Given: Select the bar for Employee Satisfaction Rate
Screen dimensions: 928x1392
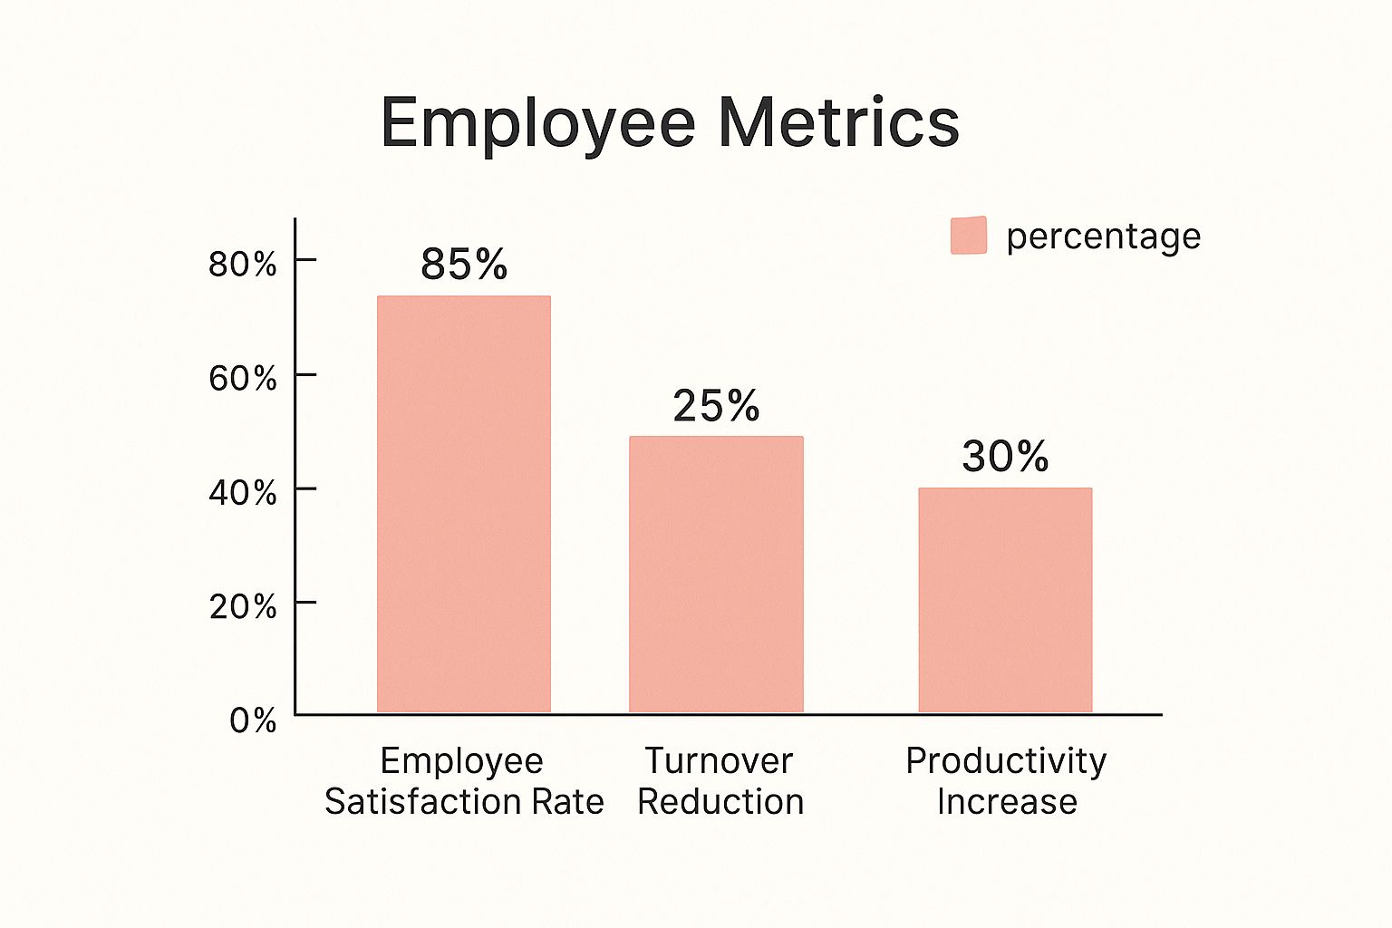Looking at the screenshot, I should [464, 504].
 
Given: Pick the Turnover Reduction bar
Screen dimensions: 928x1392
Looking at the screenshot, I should [716, 575].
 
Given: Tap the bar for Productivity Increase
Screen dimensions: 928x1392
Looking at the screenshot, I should [1005, 600].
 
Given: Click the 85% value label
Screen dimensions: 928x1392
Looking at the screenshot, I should [464, 265].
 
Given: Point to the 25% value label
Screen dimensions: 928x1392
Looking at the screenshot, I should [716, 406].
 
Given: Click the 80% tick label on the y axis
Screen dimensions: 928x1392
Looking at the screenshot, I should [243, 264].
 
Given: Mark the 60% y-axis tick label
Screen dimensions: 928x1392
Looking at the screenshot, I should [243, 378].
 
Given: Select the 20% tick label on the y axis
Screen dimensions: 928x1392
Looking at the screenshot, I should [243, 606].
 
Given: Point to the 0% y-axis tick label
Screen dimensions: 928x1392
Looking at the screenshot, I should [253, 720].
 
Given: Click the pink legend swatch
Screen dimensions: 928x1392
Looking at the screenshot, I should [969, 236].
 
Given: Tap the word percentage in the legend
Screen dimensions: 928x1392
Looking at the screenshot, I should [1103, 237].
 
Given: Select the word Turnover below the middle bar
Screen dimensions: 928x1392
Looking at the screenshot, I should [719, 760].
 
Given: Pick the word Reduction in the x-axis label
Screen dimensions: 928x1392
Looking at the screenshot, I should [720, 801].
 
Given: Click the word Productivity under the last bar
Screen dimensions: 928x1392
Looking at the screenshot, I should [1006, 761].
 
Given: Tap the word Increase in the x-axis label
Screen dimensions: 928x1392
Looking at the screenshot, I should [1007, 801].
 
